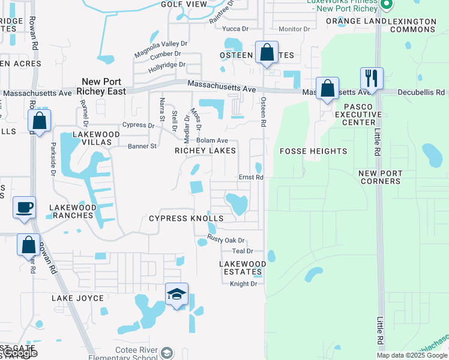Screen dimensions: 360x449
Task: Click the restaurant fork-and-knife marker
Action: click(372, 79)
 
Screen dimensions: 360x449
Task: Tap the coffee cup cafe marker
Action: click(25, 208)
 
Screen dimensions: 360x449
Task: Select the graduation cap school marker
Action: click(177, 295)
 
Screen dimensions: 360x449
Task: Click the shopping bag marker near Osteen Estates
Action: click(267, 53)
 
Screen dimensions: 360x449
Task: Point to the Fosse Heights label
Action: click(313, 151)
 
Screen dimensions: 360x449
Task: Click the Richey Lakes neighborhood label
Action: click(205, 151)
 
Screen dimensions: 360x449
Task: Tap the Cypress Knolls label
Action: click(186, 218)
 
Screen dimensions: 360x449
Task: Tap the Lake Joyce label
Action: click(77, 298)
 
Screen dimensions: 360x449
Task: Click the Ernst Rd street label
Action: click(251, 178)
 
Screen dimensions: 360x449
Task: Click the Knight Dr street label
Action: click(243, 284)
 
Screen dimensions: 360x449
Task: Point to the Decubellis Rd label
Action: click(423, 92)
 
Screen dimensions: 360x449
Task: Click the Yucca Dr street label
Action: click(235, 29)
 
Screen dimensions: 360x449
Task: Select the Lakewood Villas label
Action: click(92, 138)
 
